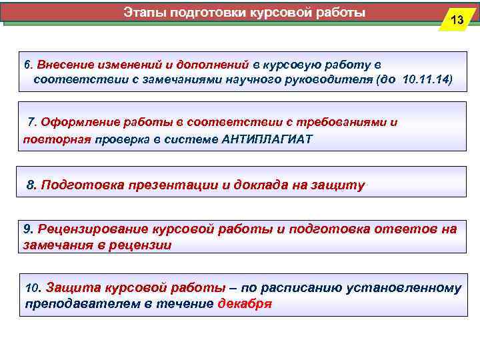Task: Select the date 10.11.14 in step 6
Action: pyautogui.click(x=426, y=80)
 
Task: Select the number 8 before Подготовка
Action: pyautogui.click(x=30, y=185)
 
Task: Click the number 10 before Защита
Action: pyautogui.click(x=32, y=289)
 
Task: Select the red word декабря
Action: pyautogui.click(x=245, y=304)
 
